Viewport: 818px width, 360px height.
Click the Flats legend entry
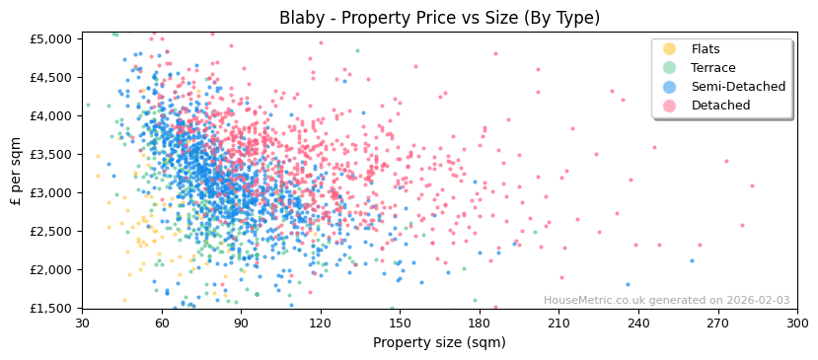click(x=706, y=49)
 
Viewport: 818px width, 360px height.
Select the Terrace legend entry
click(x=711, y=68)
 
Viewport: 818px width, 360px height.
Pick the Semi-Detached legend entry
click(x=738, y=87)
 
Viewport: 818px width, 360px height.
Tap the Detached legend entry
click(x=720, y=106)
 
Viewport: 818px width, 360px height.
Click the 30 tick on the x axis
click(x=82, y=323)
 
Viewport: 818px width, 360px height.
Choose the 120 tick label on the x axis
click(x=321, y=323)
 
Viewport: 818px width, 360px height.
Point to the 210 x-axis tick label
click(x=558, y=323)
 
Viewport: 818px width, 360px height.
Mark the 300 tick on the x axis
click(x=797, y=323)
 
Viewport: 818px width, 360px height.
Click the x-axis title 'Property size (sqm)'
click(x=439, y=342)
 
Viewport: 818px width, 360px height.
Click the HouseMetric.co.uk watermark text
click(x=666, y=301)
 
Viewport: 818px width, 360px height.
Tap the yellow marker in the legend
click(x=670, y=49)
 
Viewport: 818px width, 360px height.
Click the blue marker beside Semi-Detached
click(x=670, y=87)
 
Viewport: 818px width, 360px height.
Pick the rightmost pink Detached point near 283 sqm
click(x=752, y=185)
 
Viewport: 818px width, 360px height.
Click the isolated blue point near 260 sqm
click(x=692, y=261)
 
